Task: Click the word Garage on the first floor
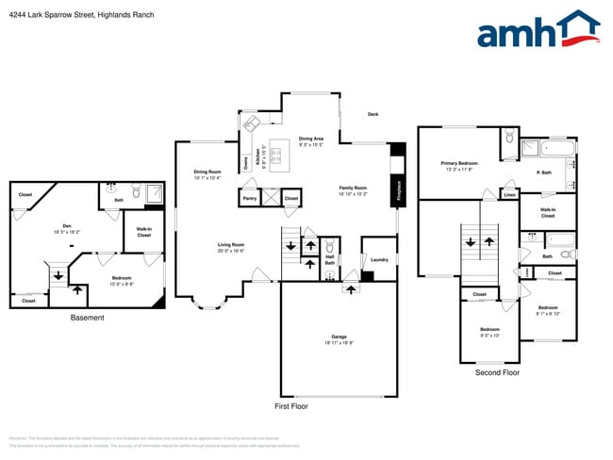click(339, 337)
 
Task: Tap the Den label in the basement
click(68, 225)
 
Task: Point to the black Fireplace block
click(397, 187)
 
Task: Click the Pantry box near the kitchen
click(250, 199)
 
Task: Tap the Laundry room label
click(379, 259)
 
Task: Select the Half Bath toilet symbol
click(329, 275)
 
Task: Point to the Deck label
click(373, 115)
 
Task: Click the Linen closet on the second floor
click(509, 195)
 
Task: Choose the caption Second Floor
click(497, 373)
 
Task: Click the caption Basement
click(87, 318)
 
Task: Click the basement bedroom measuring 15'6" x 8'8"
click(122, 280)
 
